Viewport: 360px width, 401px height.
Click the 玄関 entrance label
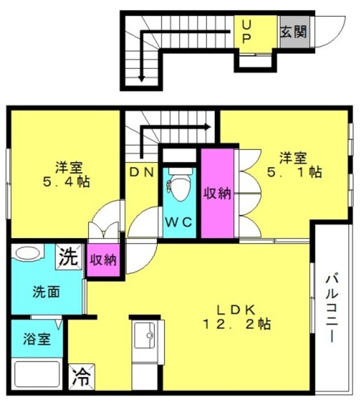tap(294, 32)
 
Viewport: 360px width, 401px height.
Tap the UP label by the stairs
tap(246, 32)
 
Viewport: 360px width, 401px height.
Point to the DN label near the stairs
tap(141, 172)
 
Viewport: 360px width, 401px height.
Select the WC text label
tap(179, 222)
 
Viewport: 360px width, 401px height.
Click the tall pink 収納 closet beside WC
tap(217, 193)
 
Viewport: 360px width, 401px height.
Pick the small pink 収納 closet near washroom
tap(103, 260)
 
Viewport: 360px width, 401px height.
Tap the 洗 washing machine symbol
tap(68, 257)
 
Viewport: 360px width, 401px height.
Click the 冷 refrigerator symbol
tap(82, 377)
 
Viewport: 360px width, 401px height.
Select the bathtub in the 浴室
tap(37, 373)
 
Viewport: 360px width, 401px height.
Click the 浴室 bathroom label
tap(37, 339)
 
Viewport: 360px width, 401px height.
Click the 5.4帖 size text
tap(66, 182)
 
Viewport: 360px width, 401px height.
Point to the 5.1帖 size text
tap(294, 172)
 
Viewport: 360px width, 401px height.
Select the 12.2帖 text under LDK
tap(237, 325)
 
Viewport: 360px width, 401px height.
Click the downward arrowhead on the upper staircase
tap(141, 79)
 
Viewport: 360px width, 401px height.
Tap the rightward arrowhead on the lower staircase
tap(208, 127)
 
